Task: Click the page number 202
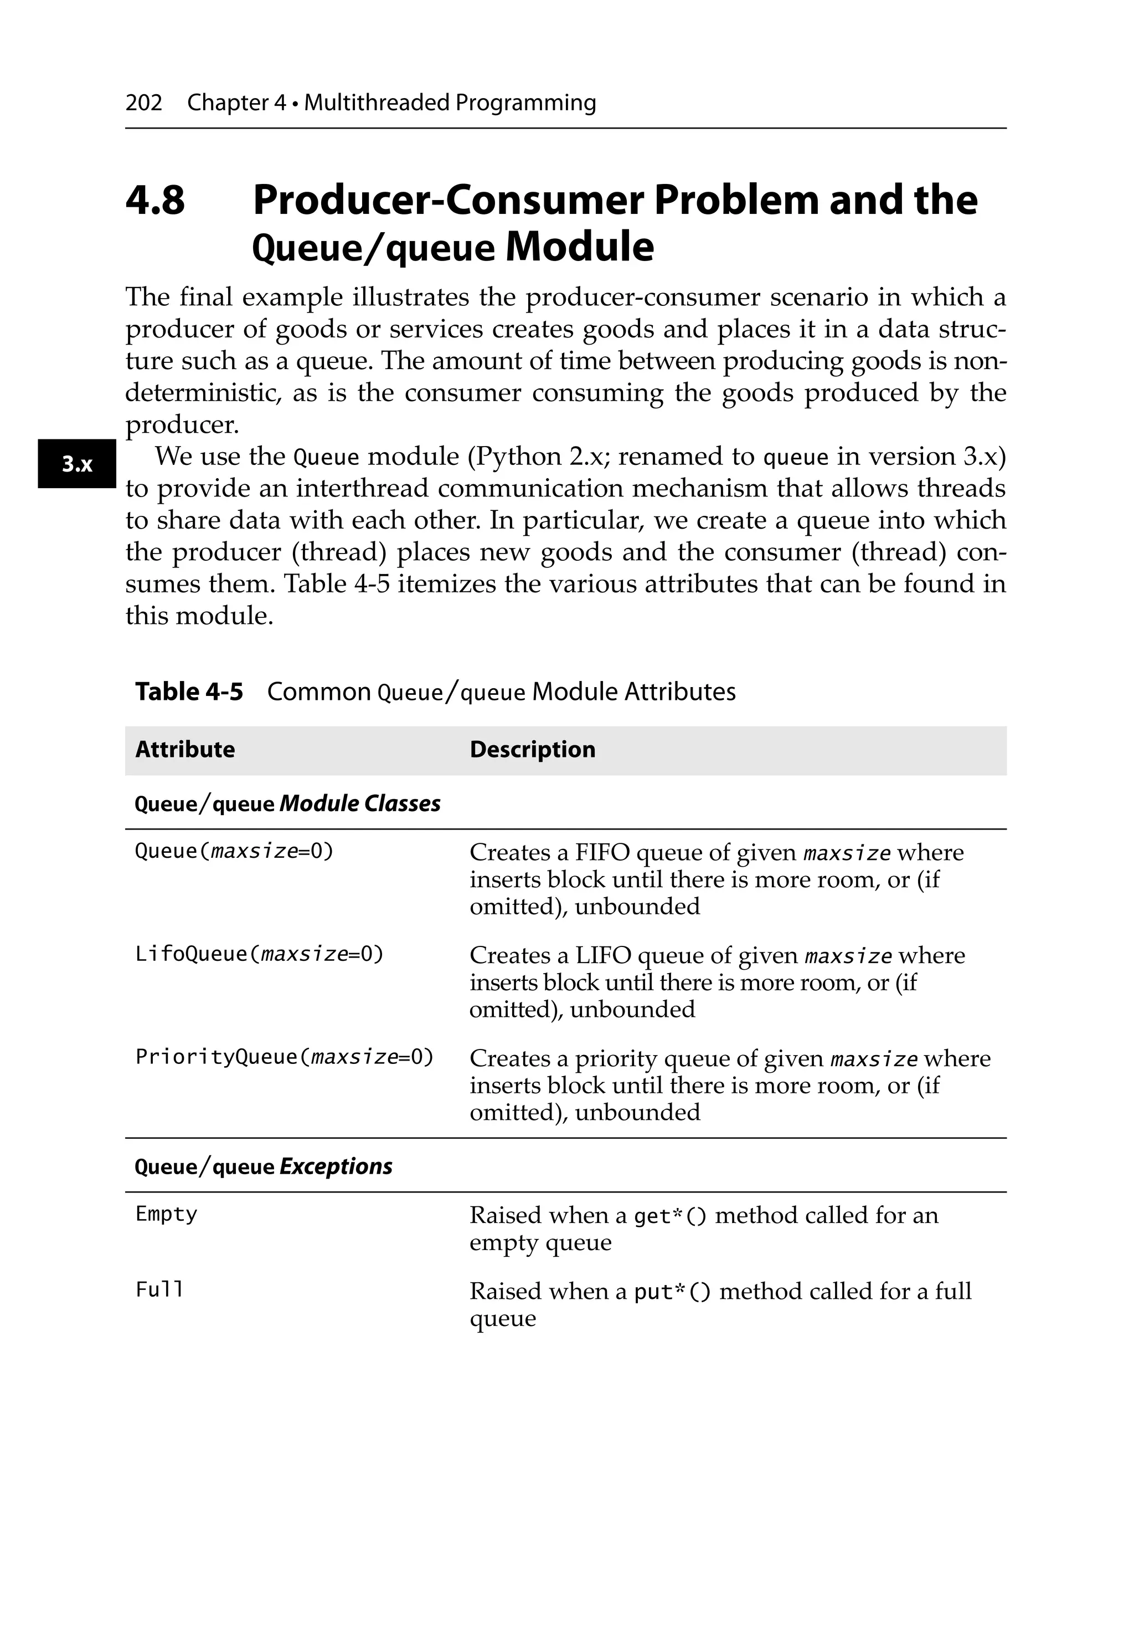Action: [x=143, y=103]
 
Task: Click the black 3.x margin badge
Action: [x=76, y=464]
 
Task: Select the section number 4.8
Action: [x=155, y=200]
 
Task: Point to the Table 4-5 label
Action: [x=188, y=692]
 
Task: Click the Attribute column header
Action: [x=184, y=750]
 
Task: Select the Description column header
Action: [x=532, y=750]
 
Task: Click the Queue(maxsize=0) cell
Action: [x=234, y=851]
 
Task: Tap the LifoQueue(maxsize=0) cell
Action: [x=259, y=954]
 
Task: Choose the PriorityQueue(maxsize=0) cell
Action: [x=283, y=1057]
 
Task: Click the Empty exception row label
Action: [x=166, y=1215]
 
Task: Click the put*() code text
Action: [x=671, y=1292]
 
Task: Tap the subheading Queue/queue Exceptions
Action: [x=263, y=1166]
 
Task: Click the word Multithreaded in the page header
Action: [x=377, y=103]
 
